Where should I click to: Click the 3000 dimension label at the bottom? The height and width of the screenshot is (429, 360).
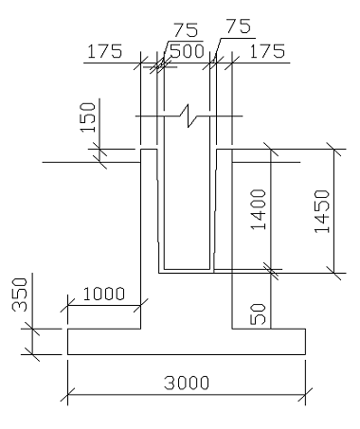pyautogui.click(x=187, y=383)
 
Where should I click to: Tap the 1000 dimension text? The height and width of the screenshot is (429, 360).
pyautogui.click(x=104, y=294)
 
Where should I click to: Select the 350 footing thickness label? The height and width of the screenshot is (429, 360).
pyautogui.click(x=20, y=295)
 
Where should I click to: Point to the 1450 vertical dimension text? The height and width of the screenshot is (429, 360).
pyautogui.click(x=322, y=211)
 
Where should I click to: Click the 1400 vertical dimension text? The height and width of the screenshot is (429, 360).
pyautogui.click(x=259, y=209)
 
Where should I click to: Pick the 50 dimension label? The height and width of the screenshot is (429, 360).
pyautogui.click(x=258, y=313)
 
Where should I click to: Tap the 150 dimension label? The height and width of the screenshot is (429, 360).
pyautogui.click(x=88, y=117)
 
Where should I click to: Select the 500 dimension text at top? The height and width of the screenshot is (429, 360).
pyautogui.click(x=187, y=51)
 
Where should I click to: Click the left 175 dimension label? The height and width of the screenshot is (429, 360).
pyautogui.click(x=104, y=51)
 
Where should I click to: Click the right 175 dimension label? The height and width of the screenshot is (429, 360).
pyautogui.click(x=267, y=51)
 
